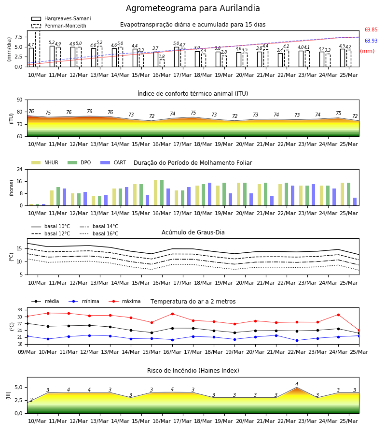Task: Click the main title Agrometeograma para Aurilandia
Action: pos(193,8)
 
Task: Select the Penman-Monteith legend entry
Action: pos(59,26)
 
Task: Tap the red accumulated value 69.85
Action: pos(371,29)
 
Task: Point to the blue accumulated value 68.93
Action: pos(371,41)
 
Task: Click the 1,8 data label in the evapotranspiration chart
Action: pos(162,57)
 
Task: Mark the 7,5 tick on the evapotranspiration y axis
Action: pos(18,37)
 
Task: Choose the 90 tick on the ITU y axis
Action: pos(20,100)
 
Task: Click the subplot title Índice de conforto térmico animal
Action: pos(193,93)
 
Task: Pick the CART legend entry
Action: pos(113,162)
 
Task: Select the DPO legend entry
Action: pos(79,162)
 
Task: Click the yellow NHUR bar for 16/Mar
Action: pos(156,193)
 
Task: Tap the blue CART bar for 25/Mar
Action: pos(355,202)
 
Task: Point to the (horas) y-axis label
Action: pos(12,188)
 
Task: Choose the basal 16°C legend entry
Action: pos(99,233)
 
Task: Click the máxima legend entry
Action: pos(124,301)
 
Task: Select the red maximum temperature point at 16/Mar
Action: pos(173,314)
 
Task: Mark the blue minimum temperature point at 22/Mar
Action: pos(297,340)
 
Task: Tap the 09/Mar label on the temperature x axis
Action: pos(27,352)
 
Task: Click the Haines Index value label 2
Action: pos(31,400)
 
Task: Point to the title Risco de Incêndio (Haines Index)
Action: pos(193,371)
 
